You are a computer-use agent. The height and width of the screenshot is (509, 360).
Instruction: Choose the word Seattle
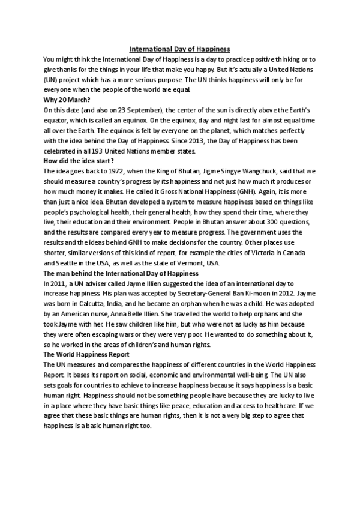pyautogui.click(x=55, y=264)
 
